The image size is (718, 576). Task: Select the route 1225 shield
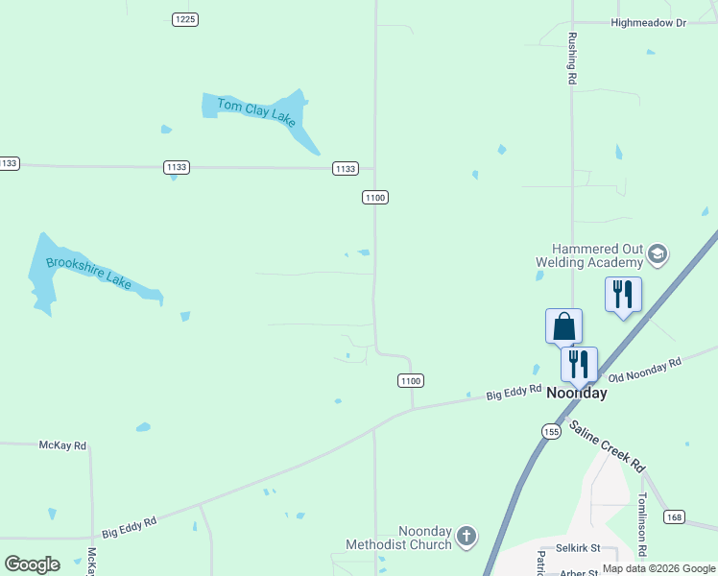185,19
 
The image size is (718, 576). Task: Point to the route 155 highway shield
550,431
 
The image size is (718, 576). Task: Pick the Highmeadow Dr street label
650,22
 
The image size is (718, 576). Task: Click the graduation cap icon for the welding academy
658,253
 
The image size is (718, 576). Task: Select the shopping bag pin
563,326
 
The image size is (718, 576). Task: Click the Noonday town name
576,394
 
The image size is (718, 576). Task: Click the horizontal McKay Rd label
62,445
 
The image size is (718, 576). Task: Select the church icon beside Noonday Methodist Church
466,536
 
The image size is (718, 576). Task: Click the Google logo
32,564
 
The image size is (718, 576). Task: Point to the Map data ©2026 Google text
658,568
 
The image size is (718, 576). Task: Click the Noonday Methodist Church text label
398,538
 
